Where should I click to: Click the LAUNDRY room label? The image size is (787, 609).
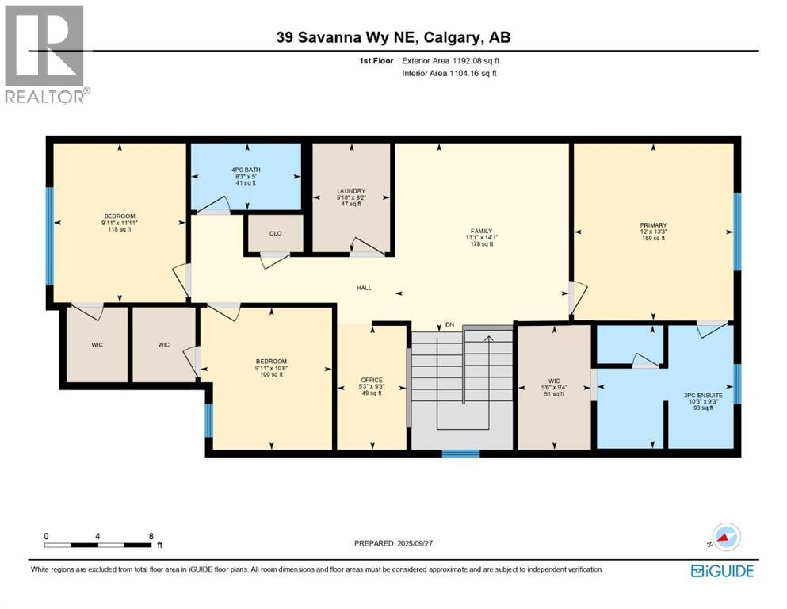[x=350, y=191]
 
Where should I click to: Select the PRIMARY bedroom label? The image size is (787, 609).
[x=653, y=225]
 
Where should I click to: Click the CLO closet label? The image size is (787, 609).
[x=275, y=233]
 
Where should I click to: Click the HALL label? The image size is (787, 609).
[x=364, y=289]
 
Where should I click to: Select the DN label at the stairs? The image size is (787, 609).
[x=449, y=325]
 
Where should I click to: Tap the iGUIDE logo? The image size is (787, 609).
[x=721, y=571]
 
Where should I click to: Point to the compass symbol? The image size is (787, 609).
[x=725, y=538]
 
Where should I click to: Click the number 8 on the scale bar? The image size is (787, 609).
[x=150, y=536]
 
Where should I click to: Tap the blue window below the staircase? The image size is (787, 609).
[x=460, y=454]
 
